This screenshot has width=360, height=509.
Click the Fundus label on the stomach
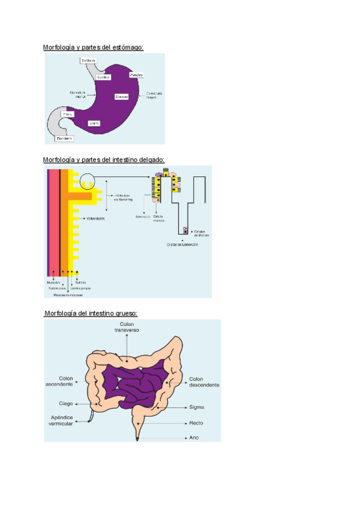click(x=136, y=74)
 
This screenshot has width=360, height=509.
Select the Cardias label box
click(x=103, y=77)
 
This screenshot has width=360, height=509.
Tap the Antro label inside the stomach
click(x=94, y=123)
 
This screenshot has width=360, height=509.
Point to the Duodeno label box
click(x=64, y=138)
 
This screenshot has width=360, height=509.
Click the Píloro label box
click(x=68, y=113)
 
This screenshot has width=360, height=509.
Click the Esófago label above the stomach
click(x=88, y=60)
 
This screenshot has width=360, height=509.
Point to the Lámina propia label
click(x=83, y=288)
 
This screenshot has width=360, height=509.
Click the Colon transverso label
click(x=127, y=327)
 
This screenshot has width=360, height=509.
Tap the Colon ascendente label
click(x=59, y=382)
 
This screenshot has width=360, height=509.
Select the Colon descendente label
click(x=205, y=382)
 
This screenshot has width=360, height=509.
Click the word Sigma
click(x=197, y=407)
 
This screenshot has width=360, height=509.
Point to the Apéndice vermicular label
click(x=61, y=420)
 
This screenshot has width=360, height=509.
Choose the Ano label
click(x=194, y=438)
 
